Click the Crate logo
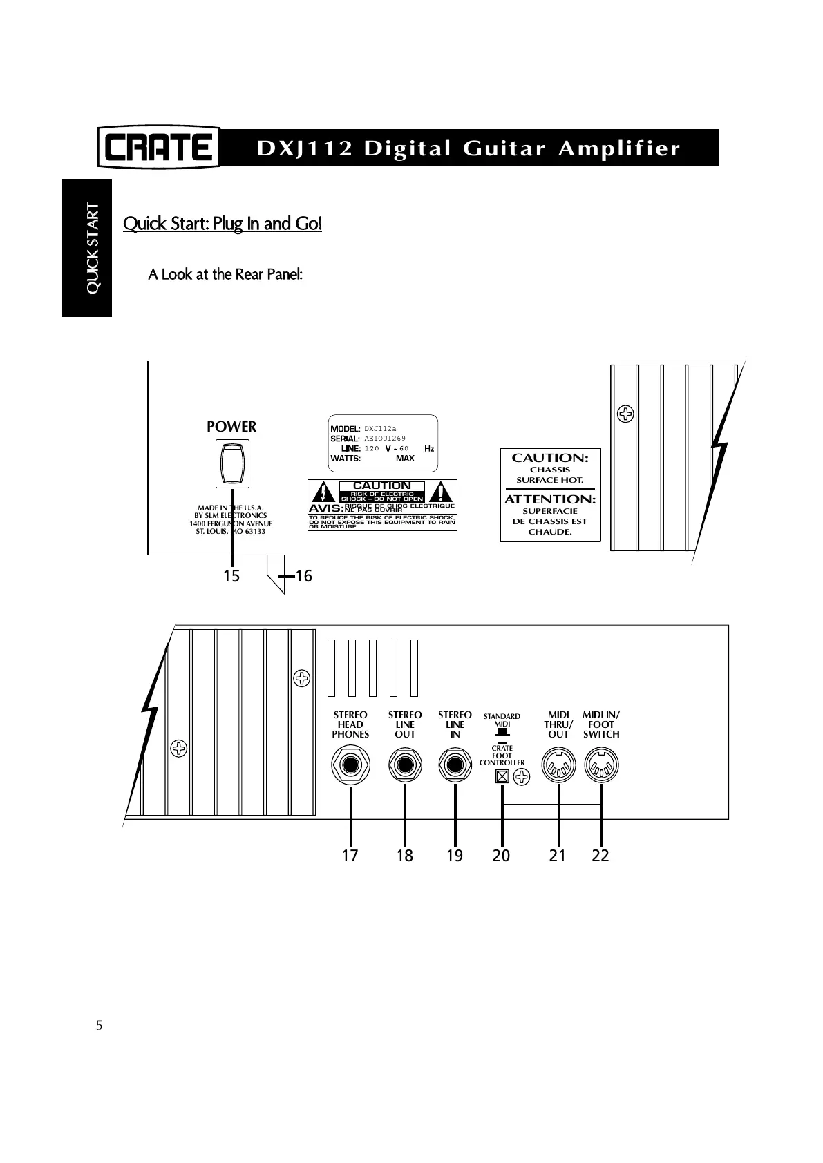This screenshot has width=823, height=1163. (158, 147)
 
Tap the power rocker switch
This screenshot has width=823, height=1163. (232, 464)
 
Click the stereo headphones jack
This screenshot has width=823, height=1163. (350, 766)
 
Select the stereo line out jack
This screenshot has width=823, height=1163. (405, 766)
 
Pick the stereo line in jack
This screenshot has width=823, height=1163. (455, 766)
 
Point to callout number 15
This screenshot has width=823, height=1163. (231, 576)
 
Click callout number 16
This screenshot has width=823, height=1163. (303, 576)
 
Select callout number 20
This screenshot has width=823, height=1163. (501, 856)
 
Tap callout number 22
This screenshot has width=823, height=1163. (600, 856)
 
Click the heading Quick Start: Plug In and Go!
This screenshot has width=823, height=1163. (222, 224)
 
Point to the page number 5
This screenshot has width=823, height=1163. (100, 1025)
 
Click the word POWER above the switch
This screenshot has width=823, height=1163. (231, 427)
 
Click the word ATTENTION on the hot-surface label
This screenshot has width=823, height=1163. (550, 499)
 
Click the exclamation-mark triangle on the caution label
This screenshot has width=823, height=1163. (440, 492)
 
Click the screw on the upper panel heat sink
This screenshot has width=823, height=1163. (626, 414)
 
